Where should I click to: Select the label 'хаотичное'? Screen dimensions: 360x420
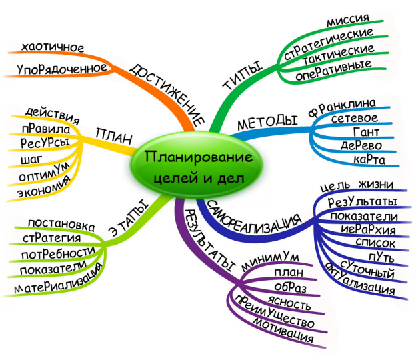coord(53,47)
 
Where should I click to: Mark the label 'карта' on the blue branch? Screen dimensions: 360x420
coord(367,161)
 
